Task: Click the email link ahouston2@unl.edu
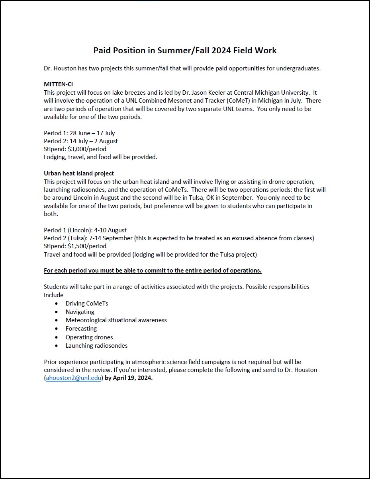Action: point(74,378)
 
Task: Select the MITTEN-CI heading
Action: point(58,84)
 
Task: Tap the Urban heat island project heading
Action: point(79,173)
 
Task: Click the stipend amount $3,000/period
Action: point(87,149)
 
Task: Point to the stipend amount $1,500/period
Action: point(87,246)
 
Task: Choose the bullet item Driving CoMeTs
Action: point(87,304)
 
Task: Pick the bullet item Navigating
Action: point(80,312)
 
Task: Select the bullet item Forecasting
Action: point(81,329)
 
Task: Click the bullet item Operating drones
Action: point(89,337)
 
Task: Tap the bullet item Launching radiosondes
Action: point(96,346)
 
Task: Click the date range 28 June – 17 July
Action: point(92,133)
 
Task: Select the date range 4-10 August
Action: point(110,230)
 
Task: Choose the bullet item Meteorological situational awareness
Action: point(116,320)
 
